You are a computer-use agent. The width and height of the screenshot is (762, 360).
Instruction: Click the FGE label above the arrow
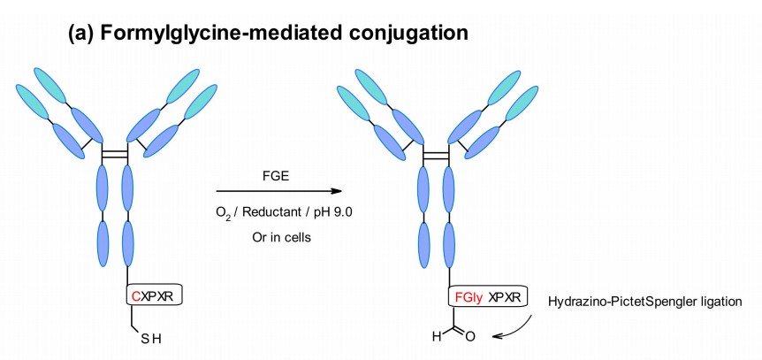[276, 176]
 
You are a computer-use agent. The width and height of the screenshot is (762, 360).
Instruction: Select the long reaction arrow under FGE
[279, 191]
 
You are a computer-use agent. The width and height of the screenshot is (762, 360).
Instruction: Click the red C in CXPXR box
[135, 295]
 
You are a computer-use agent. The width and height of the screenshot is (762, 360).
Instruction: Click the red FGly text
[469, 297]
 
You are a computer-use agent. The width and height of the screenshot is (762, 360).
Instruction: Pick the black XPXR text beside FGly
[505, 297]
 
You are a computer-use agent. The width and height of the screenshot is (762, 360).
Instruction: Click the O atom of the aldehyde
[470, 336]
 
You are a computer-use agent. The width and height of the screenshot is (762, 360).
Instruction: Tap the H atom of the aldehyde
[436, 336]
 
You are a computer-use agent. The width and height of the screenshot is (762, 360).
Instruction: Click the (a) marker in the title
[82, 33]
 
